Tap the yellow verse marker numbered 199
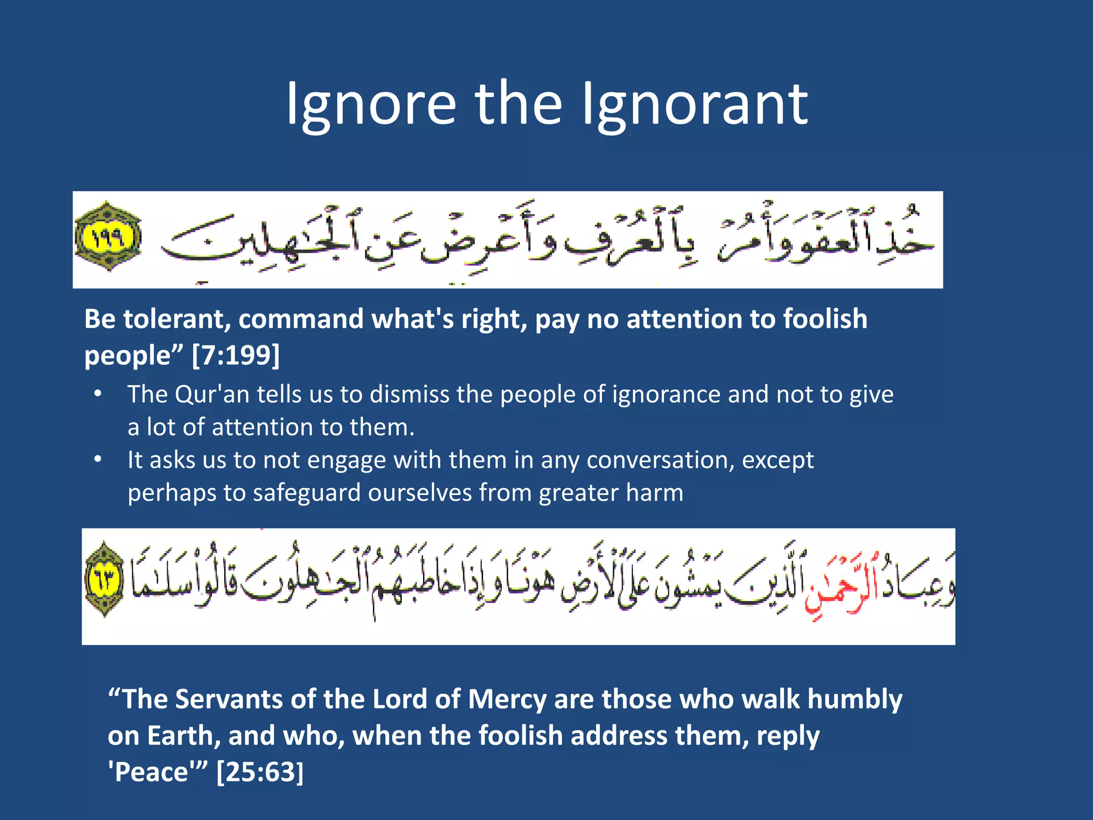click(108, 236)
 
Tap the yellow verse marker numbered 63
click(105, 579)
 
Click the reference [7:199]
click(235, 355)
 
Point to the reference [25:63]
click(260, 772)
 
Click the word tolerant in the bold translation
click(177, 319)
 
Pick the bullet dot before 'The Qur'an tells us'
click(98, 395)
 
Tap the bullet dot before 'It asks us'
click(98, 460)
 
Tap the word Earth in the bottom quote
click(180, 736)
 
